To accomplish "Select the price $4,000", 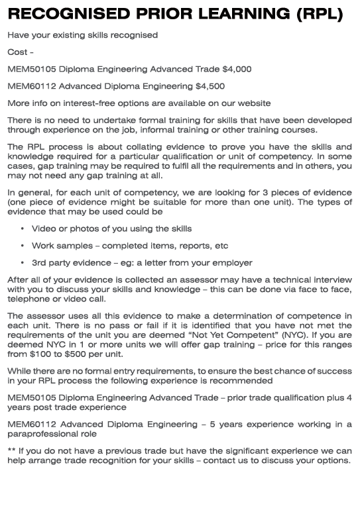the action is [237, 69].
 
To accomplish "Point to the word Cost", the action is [18, 52].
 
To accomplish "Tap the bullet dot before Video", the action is [23, 229].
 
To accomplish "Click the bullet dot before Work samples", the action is [23, 246].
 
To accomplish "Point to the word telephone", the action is [28, 299].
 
